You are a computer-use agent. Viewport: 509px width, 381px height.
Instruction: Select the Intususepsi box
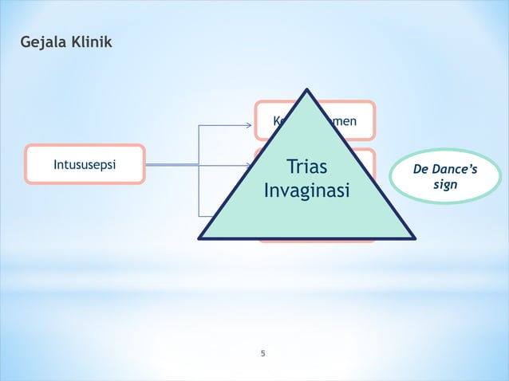pos(85,165)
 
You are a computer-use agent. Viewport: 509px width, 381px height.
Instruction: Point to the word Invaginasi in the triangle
pos(306,193)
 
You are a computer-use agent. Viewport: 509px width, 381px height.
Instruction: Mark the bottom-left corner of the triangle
pos(200,238)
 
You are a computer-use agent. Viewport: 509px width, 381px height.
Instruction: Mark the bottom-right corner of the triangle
pos(413,238)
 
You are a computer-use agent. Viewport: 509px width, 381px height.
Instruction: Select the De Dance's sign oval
pos(445,176)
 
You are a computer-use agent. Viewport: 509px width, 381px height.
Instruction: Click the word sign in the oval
pos(445,185)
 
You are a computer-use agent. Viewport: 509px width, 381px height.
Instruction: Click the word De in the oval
pos(420,169)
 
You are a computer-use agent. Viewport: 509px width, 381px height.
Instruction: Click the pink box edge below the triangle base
pos(316,241)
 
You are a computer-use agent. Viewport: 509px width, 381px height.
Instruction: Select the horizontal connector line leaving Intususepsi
pos(172,165)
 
